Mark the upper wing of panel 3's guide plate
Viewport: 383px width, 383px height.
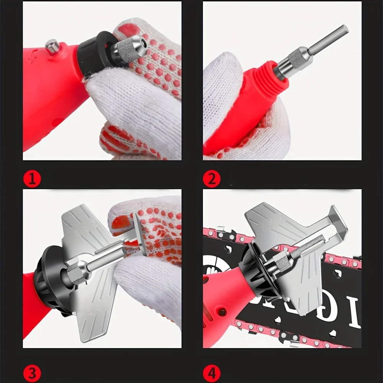[x=82, y=226]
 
